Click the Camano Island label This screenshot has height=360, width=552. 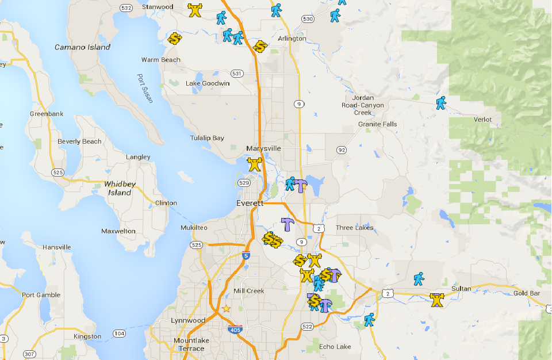point(82,47)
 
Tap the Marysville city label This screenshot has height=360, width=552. point(263,148)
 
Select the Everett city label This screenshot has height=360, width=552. point(250,204)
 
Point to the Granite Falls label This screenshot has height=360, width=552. point(377,124)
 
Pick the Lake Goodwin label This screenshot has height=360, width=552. point(208,83)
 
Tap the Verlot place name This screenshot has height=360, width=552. point(482,120)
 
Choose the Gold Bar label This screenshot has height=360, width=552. point(527,293)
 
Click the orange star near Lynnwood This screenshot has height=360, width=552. point(227,309)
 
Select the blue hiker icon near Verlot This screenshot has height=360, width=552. point(440,103)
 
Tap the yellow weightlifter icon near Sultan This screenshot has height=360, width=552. point(437,300)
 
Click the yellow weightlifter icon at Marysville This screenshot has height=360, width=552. point(255,164)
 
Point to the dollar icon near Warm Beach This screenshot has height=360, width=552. point(175,39)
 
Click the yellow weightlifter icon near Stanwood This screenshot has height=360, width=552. point(195,10)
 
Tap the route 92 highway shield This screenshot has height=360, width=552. point(342,150)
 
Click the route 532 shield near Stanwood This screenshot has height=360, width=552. point(126,7)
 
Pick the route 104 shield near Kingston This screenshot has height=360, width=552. point(120,334)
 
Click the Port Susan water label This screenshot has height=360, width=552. point(145,88)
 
